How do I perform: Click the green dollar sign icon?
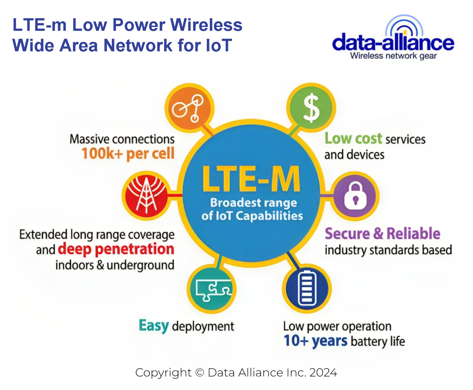click(x=311, y=108)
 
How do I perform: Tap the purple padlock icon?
click(x=355, y=196)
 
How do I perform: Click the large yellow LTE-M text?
click(x=251, y=179)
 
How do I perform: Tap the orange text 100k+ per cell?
click(x=128, y=154)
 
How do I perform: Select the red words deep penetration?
click(x=116, y=249)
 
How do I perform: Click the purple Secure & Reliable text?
click(x=382, y=234)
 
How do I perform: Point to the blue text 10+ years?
click(x=316, y=341)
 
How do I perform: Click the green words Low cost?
click(x=353, y=138)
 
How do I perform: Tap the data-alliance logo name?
click(x=393, y=43)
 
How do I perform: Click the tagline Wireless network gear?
click(x=393, y=56)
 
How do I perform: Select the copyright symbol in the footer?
click(x=200, y=373)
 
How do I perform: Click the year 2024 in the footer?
click(x=323, y=373)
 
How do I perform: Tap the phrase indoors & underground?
click(x=115, y=265)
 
